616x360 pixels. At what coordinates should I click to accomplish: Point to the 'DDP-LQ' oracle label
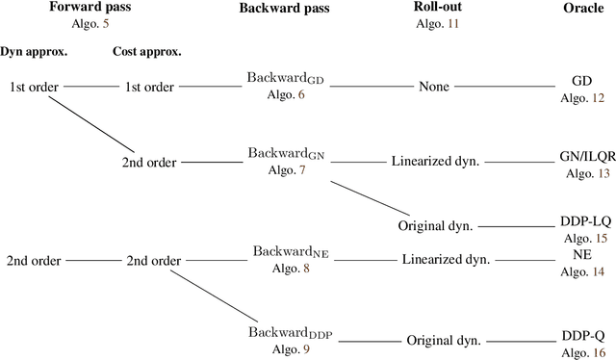coord(582,220)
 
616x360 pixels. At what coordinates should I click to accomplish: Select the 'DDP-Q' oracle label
coord(582,336)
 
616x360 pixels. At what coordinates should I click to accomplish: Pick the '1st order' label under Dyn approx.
coord(35,87)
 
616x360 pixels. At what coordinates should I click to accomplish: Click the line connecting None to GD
coord(510,87)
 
